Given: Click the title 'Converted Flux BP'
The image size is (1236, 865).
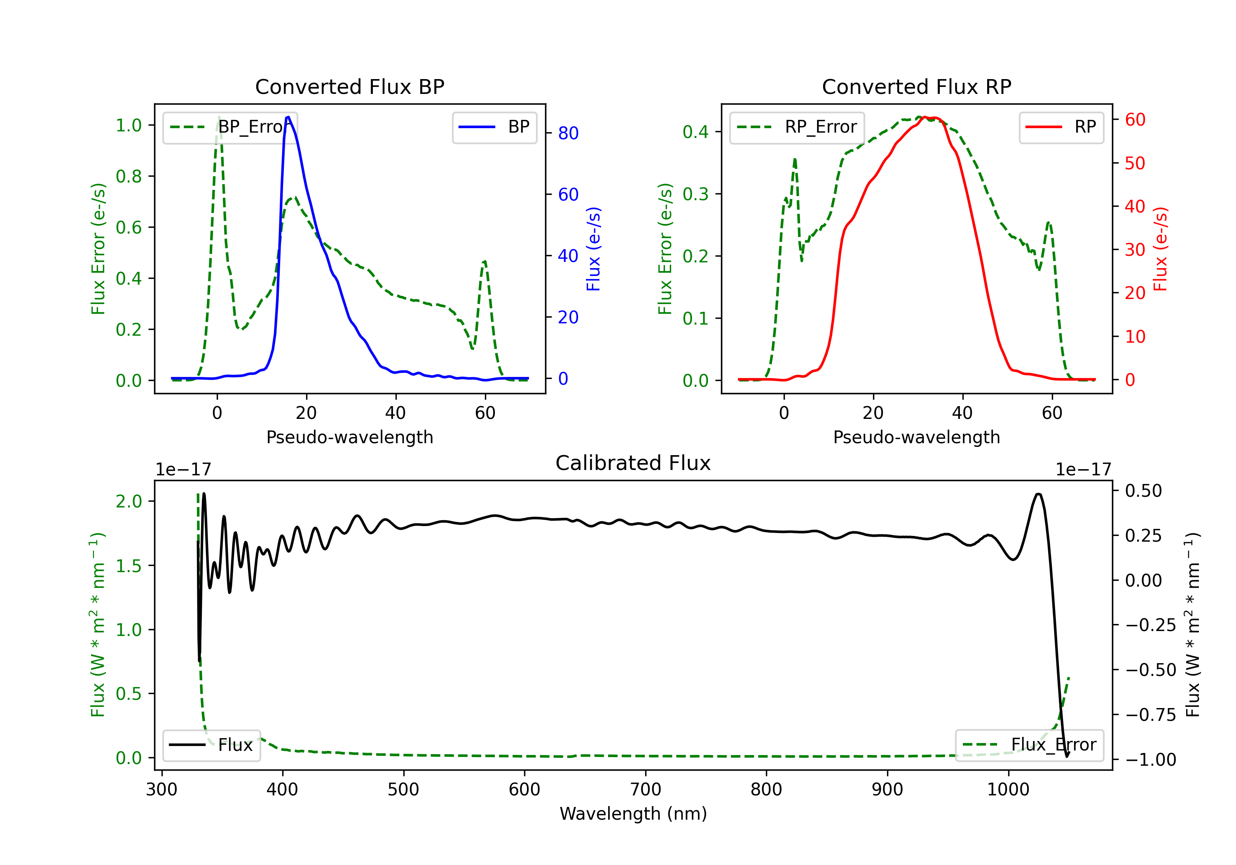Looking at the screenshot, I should (349, 86).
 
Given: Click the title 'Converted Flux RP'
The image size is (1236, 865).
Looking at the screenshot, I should (916, 86).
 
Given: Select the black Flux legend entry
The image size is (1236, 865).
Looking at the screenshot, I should (212, 745).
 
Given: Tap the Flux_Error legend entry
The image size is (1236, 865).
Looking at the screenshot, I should (1029, 745).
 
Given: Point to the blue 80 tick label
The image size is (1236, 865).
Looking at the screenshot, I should (568, 133).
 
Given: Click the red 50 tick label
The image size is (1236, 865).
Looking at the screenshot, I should (1135, 163).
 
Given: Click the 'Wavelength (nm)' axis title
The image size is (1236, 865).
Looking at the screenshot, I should (633, 814).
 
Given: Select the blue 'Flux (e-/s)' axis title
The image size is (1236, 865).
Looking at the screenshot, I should (593, 249).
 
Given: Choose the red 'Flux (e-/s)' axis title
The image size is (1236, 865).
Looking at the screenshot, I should (1160, 249).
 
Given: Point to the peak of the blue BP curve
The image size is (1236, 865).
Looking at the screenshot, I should (288, 117).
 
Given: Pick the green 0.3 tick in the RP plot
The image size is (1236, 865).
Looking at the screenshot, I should (695, 194).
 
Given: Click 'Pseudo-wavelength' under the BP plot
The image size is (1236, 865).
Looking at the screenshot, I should (349, 437).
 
